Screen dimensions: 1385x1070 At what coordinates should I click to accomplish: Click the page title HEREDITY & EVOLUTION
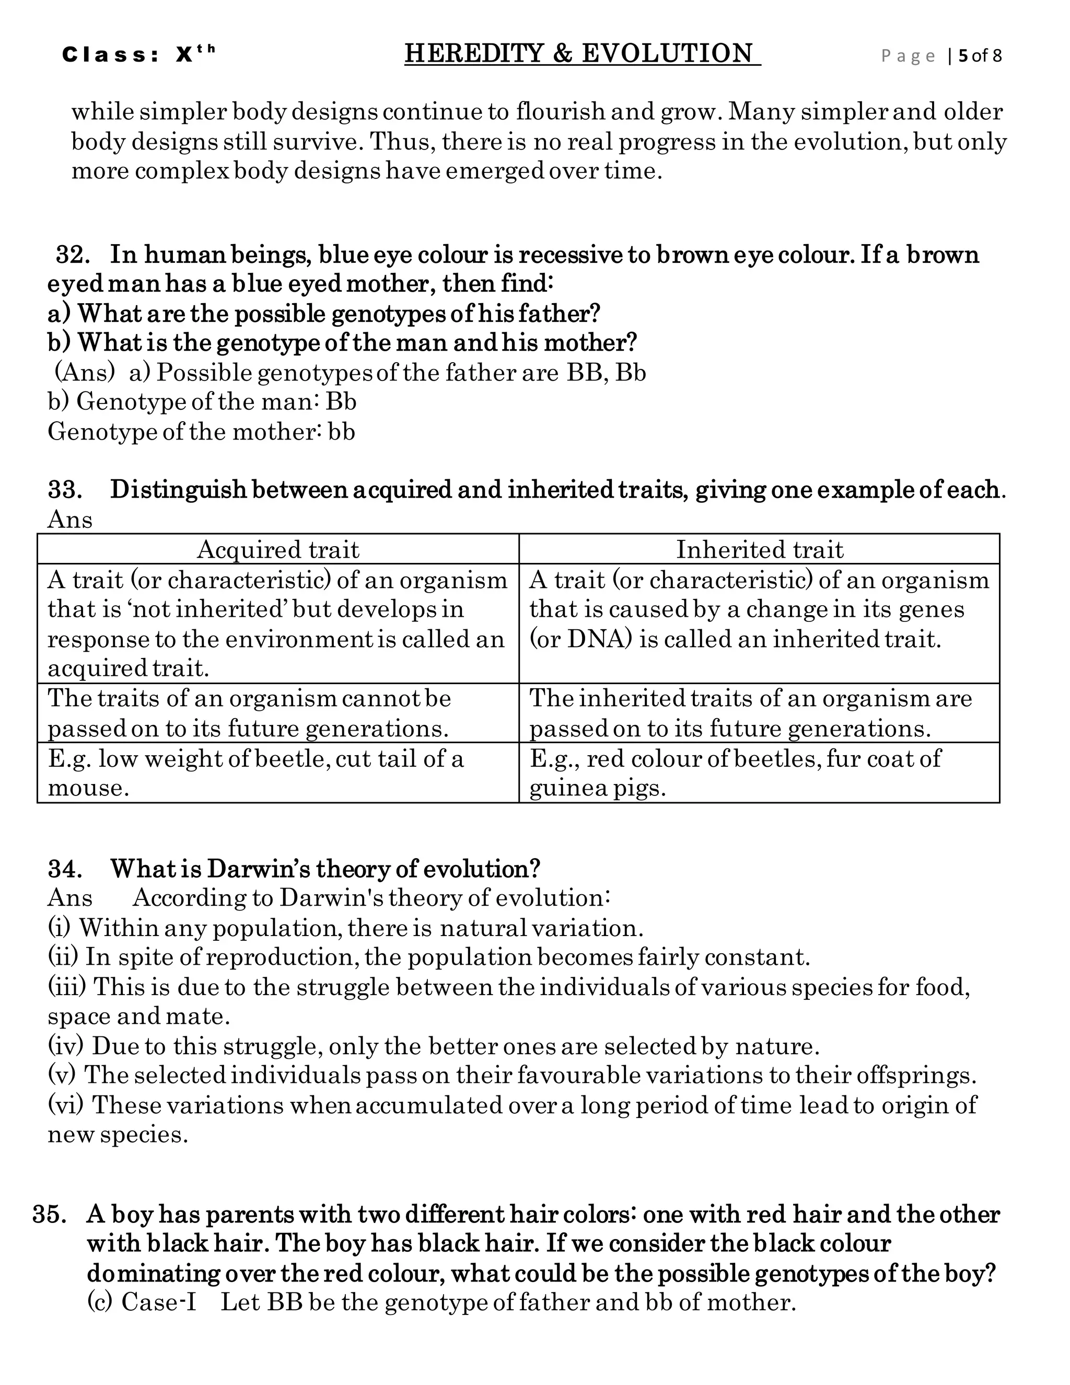point(582,54)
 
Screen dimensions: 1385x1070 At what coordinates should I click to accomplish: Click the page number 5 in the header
point(963,56)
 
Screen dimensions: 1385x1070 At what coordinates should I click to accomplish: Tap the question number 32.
point(71,255)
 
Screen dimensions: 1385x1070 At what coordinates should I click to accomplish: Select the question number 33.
point(65,490)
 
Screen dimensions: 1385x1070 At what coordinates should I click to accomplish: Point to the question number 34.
point(65,869)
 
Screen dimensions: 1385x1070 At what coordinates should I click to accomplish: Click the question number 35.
point(50,1215)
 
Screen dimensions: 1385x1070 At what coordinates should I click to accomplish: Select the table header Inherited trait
point(759,550)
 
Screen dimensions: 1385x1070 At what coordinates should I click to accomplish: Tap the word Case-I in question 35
point(158,1302)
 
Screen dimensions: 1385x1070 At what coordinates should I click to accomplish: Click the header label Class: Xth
point(138,55)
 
